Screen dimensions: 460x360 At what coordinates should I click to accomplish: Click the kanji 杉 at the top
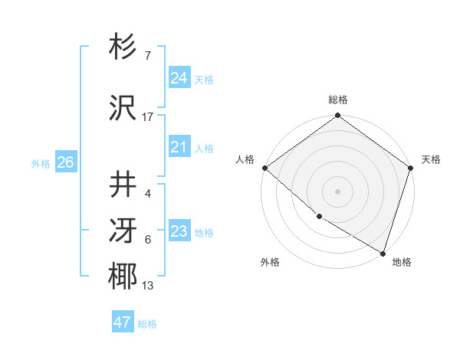click(123, 47)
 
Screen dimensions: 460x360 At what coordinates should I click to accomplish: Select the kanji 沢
click(123, 108)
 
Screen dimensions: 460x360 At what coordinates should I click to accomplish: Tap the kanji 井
click(123, 185)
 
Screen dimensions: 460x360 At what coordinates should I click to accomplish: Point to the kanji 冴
click(123, 231)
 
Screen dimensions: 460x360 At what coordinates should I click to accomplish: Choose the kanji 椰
click(123, 277)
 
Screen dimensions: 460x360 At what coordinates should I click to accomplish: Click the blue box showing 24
click(179, 78)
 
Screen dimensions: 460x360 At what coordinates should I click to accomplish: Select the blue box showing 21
click(179, 147)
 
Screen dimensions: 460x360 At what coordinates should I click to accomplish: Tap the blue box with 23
click(179, 231)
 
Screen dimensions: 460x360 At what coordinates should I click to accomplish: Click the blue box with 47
click(123, 322)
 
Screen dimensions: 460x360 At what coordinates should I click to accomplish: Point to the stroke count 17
click(148, 117)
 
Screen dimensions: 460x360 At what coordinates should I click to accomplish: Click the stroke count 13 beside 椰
click(148, 286)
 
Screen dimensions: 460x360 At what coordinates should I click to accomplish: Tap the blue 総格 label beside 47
click(148, 324)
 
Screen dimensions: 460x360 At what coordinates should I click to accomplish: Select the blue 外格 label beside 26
click(41, 164)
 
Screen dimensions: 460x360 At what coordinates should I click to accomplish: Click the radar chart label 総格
click(338, 100)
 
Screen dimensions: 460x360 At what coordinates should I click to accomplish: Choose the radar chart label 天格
click(431, 159)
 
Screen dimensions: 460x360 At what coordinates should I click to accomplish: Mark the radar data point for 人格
click(264, 168)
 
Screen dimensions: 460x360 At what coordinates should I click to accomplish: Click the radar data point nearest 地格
click(383, 252)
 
